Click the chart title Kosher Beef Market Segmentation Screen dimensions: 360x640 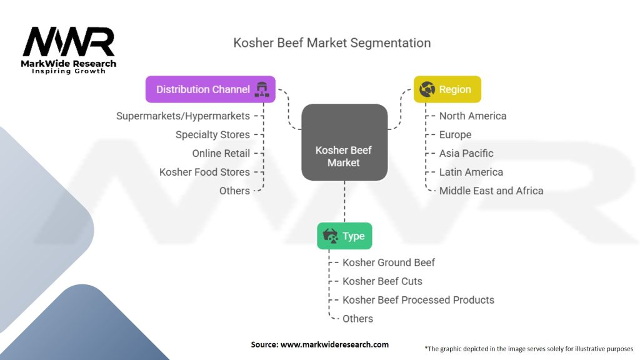(332, 43)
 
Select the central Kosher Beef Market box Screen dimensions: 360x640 (344, 142)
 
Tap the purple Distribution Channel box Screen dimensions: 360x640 (210, 89)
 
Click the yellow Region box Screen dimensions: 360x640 (447, 89)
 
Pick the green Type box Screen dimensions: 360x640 (344, 236)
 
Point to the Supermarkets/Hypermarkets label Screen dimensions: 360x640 (183, 116)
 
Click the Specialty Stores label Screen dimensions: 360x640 (212, 134)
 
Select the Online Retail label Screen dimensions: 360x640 (221, 153)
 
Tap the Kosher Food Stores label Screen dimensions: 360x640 (204, 172)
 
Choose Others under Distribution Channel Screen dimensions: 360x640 (234, 191)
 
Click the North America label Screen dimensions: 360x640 (472, 116)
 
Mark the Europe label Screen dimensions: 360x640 (455, 134)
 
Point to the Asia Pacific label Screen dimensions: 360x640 (466, 153)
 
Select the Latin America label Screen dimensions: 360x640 (471, 172)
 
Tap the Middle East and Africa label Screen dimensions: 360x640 (491, 191)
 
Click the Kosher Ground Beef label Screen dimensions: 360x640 (389, 262)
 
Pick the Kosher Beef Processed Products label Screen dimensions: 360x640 (418, 300)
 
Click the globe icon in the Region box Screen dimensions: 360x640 (427, 89)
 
